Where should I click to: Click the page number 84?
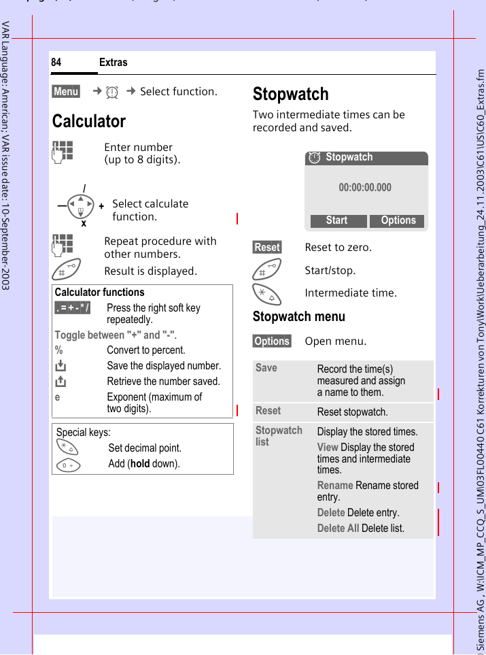[x=56, y=63]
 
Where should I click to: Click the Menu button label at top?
[x=66, y=92]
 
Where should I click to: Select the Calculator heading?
[x=89, y=122]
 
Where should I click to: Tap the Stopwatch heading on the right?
[x=290, y=94]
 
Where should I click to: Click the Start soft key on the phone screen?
[x=336, y=220]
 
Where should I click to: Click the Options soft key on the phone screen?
[x=398, y=220]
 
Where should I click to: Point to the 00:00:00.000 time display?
[x=365, y=188]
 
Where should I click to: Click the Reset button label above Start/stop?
[x=267, y=248]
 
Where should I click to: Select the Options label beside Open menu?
[x=272, y=341]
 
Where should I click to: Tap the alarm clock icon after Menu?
[x=113, y=92]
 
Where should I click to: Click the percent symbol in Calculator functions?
[x=59, y=350]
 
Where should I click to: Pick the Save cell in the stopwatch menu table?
[x=266, y=368]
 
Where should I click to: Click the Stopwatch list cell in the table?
[x=279, y=436]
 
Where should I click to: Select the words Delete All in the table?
[x=338, y=528]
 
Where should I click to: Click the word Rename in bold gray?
[x=334, y=486]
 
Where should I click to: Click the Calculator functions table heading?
[x=99, y=292]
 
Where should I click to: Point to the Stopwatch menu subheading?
[x=298, y=316]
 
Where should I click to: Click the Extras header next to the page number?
[x=113, y=63]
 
